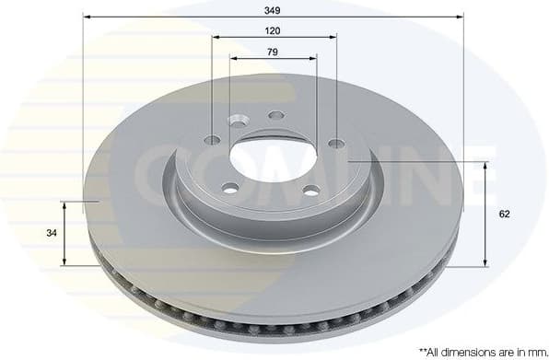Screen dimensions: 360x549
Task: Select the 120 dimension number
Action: click(x=273, y=30)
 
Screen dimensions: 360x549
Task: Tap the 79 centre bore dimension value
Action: click(x=273, y=52)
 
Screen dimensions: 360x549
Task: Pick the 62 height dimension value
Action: click(x=504, y=214)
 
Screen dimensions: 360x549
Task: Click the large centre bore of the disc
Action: click(x=273, y=157)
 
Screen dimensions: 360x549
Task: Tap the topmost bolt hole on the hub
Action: click(x=275, y=116)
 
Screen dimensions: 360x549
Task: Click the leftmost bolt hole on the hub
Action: click(x=213, y=140)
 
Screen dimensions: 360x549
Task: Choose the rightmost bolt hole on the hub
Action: click(x=335, y=143)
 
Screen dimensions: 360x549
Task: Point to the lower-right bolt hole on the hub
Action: click(x=311, y=191)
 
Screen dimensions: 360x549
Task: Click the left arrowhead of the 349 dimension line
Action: click(x=88, y=17)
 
